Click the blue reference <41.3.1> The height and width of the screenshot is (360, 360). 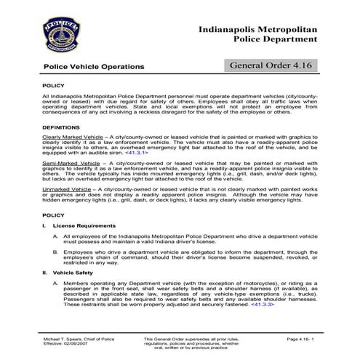[x=137, y=153]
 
